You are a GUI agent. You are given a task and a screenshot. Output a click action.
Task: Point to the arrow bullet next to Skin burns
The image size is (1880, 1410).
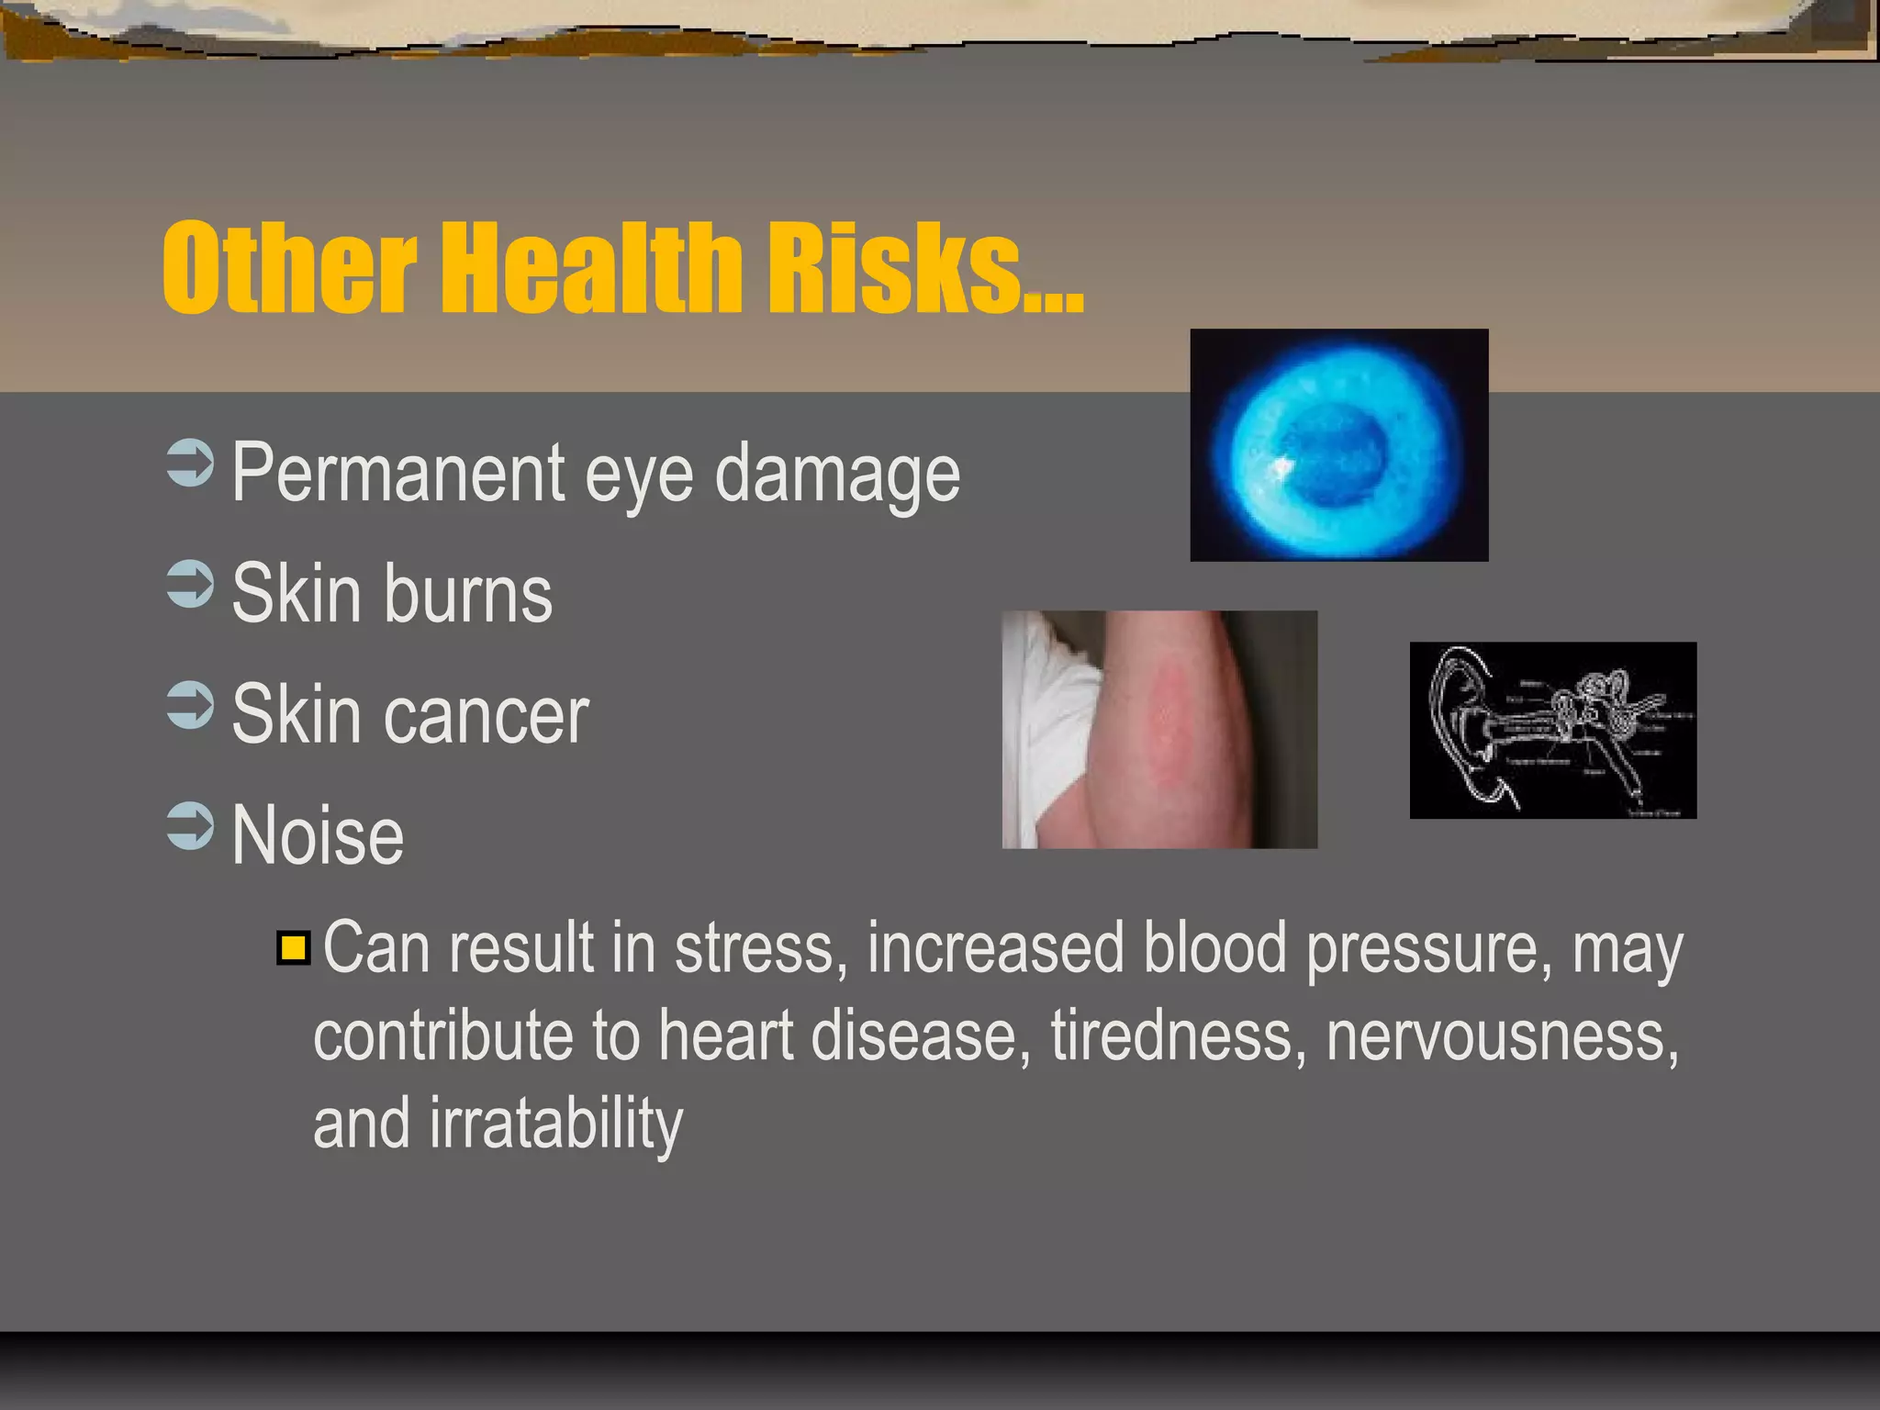[x=191, y=585]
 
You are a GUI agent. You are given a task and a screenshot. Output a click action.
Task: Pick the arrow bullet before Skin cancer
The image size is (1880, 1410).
[x=191, y=705]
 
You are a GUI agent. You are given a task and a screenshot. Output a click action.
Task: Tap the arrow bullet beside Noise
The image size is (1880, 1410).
[x=191, y=826]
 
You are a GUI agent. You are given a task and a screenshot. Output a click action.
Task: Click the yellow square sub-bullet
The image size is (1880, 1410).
[x=294, y=948]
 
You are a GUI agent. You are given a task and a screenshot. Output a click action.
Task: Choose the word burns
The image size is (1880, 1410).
[x=468, y=594]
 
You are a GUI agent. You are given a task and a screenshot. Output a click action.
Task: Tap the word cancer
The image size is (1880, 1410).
[x=487, y=715]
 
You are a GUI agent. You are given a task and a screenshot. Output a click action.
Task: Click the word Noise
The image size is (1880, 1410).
[x=318, y=835]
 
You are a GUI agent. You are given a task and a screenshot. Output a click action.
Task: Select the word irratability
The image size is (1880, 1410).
[x=556, y=1124]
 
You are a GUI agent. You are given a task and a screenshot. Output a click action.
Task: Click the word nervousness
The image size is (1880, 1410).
[x=1503, y=1036]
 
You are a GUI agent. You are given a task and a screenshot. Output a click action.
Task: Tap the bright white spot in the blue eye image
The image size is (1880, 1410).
[x=1279, y=468]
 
